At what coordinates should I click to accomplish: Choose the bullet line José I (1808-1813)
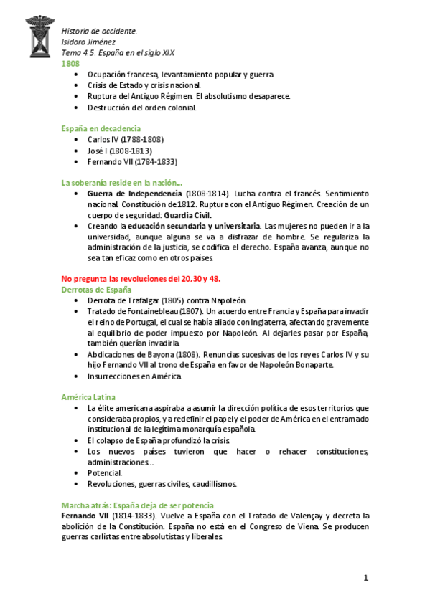pos(119,151)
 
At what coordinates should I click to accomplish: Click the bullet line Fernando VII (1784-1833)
pos(132,162)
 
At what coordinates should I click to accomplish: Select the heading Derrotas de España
pos(96,289)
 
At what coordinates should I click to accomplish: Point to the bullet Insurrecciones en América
pos(135,376)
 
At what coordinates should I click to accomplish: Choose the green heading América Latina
pos(88,396)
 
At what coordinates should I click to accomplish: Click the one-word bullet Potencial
pos(105,472)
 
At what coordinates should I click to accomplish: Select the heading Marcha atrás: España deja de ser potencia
pos(137,505)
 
